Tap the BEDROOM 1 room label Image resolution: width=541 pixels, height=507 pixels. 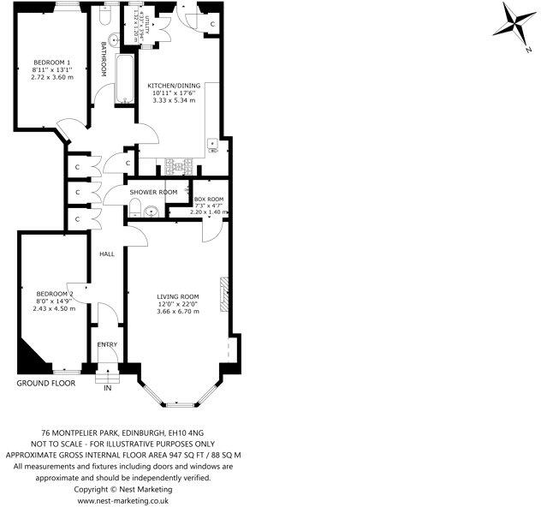(52, 63)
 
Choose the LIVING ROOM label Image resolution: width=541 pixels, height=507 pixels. (177, 296)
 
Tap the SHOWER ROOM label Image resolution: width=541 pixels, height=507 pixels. (153, 192)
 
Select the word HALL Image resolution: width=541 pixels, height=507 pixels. (107, 254)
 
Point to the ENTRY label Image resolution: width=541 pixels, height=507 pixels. (107, 344)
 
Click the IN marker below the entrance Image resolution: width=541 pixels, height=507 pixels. (108, 388)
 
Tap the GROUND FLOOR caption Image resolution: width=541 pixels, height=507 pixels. (46, 383)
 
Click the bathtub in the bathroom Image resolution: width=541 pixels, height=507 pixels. (124, 81)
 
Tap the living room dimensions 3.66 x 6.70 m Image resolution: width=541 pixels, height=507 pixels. (177, 312)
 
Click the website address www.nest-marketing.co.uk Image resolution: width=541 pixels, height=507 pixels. (123, 498)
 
